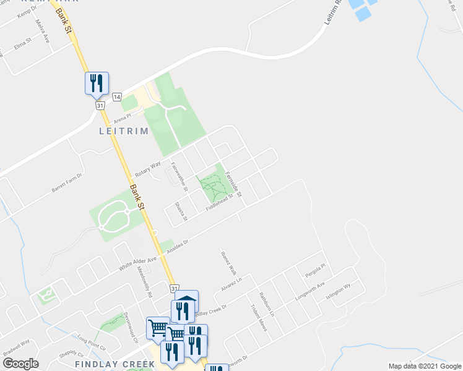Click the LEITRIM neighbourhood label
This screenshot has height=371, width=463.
(123, 131)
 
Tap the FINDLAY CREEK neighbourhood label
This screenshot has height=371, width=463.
(115, 364)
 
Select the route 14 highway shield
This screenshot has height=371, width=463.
(116, 96)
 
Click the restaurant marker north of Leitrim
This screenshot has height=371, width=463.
(97, 83)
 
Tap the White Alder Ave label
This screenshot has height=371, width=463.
(138, 264)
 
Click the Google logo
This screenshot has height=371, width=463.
(20, 364)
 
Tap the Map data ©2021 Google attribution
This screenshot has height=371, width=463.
(424, 366)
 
